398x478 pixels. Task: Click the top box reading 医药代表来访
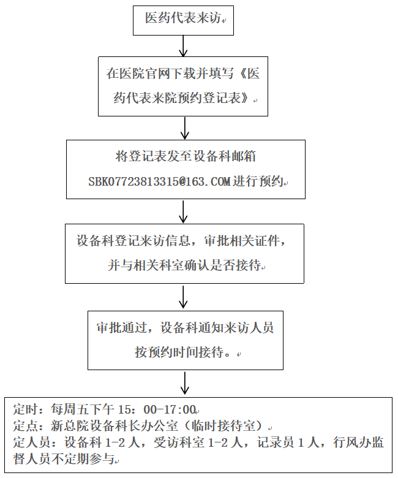(x=183, y=20)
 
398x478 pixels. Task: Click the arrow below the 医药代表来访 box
(x=183, y=46)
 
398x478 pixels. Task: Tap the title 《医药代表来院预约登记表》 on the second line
(x=186, y=86)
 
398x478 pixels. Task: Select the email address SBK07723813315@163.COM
(x=159, y=181)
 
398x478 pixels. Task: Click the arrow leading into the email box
(x=185, y=128)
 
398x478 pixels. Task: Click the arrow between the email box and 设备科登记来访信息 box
(x=183, y=211)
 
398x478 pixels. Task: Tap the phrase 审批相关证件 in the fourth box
(x=242, y=240)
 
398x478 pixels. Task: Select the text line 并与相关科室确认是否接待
(x=184, y=265)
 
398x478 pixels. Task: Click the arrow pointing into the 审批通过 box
(x=183, y=297)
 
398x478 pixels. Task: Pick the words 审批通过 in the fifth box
(x=122, y=327)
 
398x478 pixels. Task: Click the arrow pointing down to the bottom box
(x=185, y=384)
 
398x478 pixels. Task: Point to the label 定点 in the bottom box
(x=25, y=426)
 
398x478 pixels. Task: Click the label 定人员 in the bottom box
(x=32, y=442)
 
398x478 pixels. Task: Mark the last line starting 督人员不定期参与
(x=64, y=458)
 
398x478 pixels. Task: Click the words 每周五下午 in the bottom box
(x=82, y=409)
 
